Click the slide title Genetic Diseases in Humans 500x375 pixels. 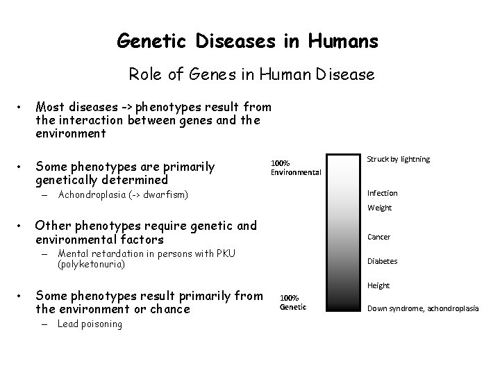tap(248, 42)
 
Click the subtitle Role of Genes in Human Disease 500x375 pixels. tap(251, 74)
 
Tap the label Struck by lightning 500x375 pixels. tap(398, 159)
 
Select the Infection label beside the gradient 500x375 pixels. tap(383, 193)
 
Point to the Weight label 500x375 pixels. tap(379, 208)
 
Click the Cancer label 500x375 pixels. tap(378, 237)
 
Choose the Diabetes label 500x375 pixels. tap(382, 261)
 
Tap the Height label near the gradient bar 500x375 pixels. tap(378, 285)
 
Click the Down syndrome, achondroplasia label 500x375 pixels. tap(423, 308)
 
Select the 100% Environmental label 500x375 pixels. tap(295, 167)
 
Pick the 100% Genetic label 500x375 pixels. tap(292, 302)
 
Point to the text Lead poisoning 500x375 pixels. tap(90, 324)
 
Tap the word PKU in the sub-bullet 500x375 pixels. tap(226, 253)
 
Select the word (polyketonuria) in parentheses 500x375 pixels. tap(92, 265)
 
